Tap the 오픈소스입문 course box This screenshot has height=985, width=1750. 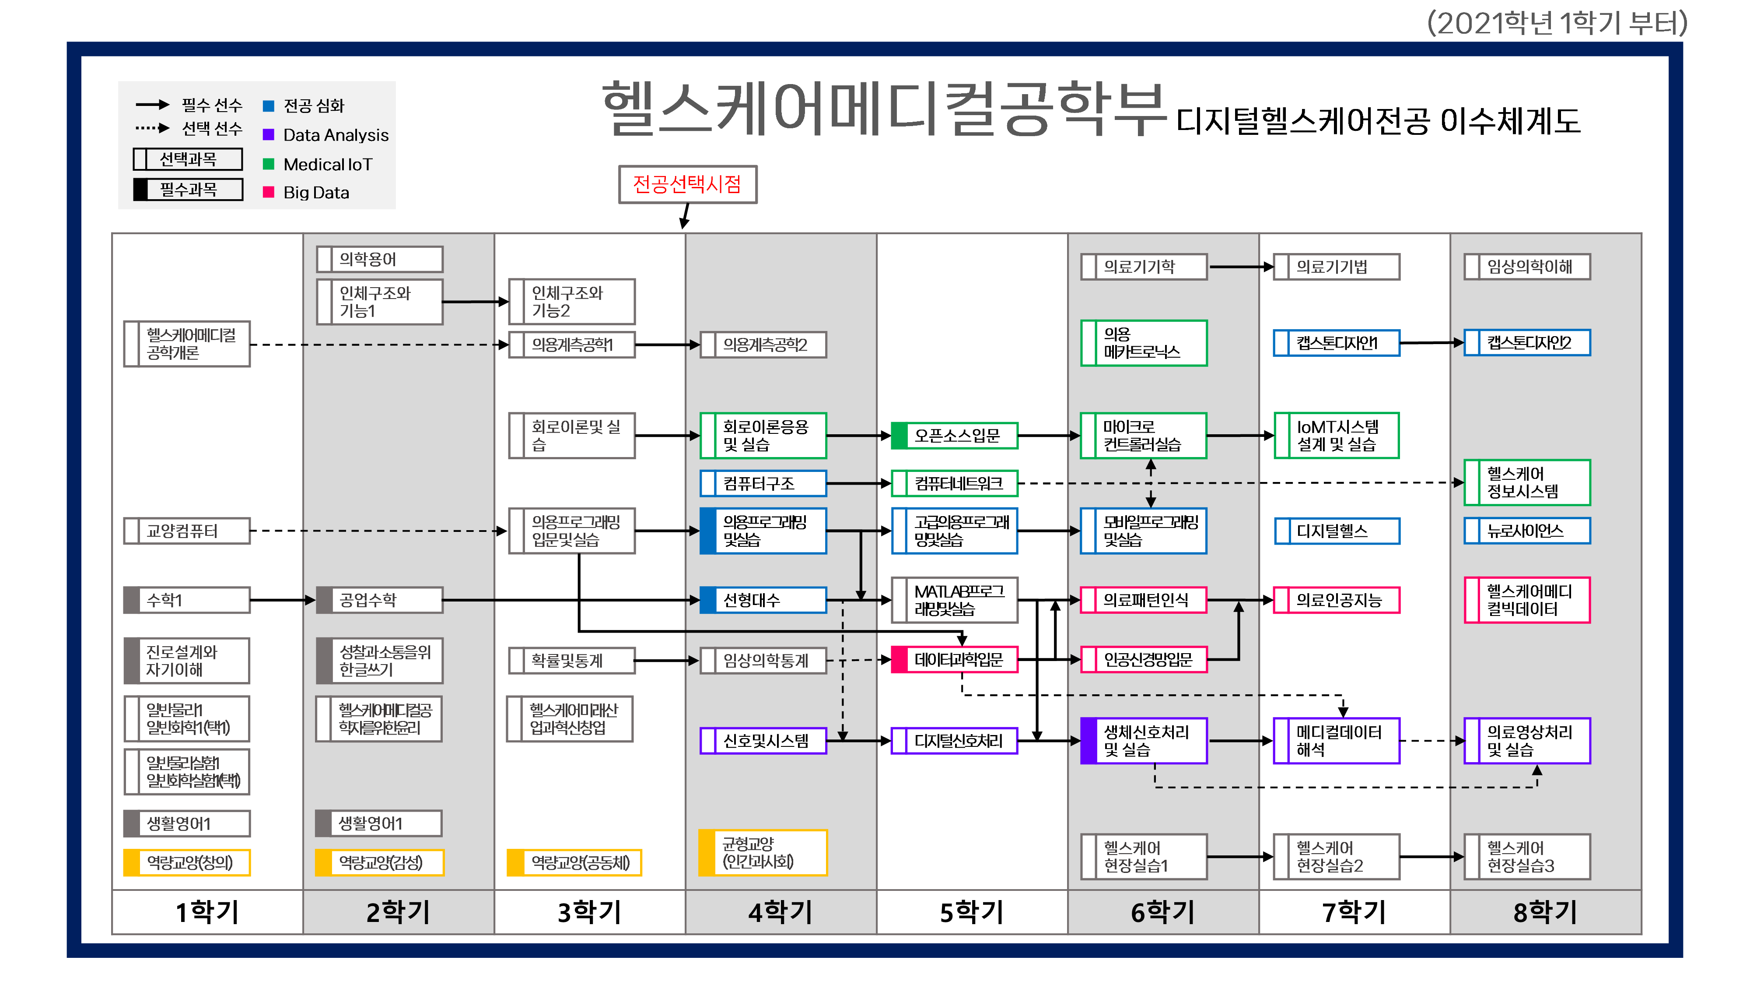point(955,435)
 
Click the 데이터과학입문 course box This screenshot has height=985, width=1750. point(955,659)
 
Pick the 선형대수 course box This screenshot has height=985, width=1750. point(763,600)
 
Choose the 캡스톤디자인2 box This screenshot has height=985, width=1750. point(1527,343)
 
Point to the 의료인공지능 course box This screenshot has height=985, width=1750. point(1336,600)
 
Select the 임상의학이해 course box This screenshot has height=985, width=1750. point(1527,267)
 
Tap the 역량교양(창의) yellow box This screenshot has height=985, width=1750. point(187,862)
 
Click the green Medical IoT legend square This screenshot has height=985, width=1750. point(268,164)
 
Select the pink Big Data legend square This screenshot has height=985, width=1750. point(268,192)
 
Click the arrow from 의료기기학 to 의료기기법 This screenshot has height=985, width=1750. point(1240,267)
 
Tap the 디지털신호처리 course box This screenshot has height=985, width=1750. point(955,740)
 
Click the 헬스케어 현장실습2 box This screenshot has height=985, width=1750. point(1336,857)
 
